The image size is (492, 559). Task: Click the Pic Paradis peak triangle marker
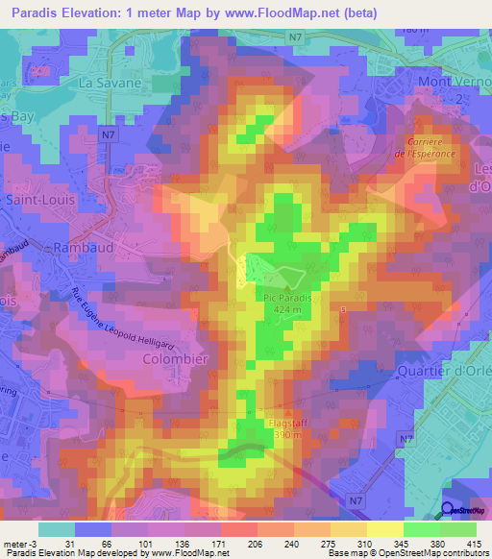pyautogui.click(x=287, y=286)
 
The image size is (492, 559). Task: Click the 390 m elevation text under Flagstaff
pyautogui.click(x=265, y=435)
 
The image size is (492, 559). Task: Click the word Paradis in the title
pyautogui.click(x=31, y=13)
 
